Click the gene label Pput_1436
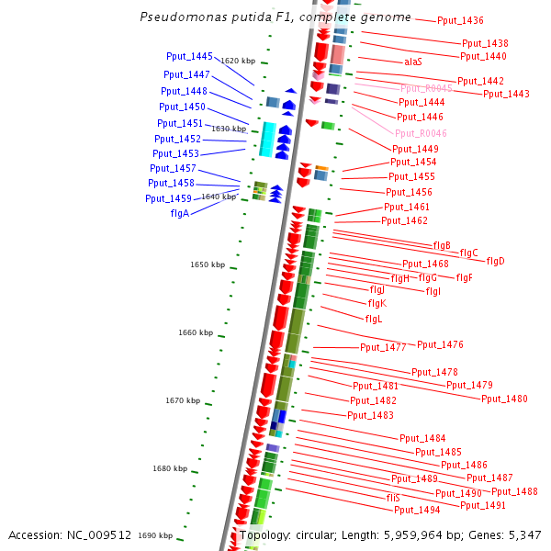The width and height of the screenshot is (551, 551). click(x=460, y=20)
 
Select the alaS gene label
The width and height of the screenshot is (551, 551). click(x=413, y=62)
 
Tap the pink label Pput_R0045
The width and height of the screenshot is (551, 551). click(x=426, y=88)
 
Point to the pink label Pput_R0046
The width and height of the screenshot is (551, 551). click(x=421, y=133)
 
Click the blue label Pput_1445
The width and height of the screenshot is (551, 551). click(x=189, y=57)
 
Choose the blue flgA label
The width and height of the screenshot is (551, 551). click(x=180, y=213)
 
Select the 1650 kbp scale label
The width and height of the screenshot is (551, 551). click(x=208, y=264)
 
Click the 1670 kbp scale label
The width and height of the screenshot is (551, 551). click(x=183, y=400)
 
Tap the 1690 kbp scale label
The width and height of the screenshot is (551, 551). click(x=155, y=535)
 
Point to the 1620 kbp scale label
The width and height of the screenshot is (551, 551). click(x=239, y=61)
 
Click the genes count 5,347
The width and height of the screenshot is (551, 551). click(x=524, y=535)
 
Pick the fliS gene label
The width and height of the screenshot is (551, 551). click(x=393, y=497)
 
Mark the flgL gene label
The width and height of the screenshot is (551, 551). click(x=374, y=319)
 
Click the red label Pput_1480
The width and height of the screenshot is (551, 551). click(x=504, y=399)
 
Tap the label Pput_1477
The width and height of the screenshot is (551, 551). click(x=383, y=347)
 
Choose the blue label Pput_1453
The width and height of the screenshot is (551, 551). click(x=175, y=153)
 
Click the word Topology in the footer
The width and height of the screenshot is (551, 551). click(x=264, y=535)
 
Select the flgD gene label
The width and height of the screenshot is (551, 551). click(x=496, y=261)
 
